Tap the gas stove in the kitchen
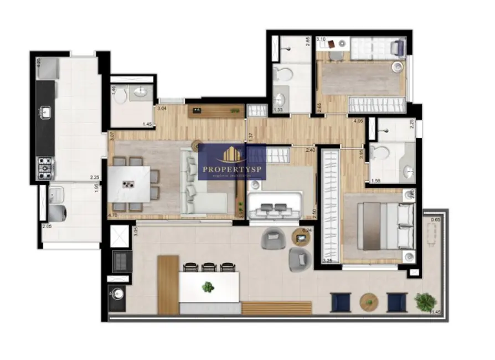click(x=45, y=166)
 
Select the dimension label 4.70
click(x=112, y=214)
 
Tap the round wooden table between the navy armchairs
click(x=368, y=302)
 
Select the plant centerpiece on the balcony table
click(x=208, y=287)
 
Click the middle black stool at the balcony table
click(x=209, y=268)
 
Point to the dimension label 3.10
click(x=321, y=40)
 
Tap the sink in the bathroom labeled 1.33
click(x=280, y=99)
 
